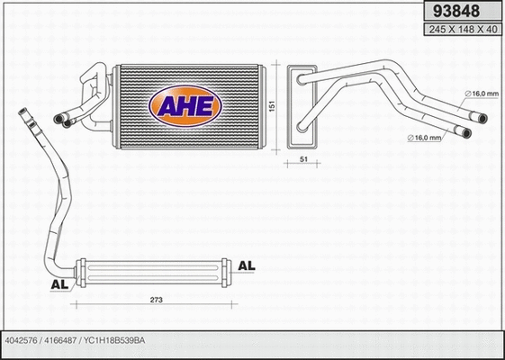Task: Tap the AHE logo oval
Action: [185, 106]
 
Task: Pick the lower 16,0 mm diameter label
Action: [428, 137]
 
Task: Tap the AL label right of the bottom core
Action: [247, 266]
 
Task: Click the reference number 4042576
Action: [20, 341]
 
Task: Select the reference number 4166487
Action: [59, 341]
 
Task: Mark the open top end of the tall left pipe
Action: [22, 112]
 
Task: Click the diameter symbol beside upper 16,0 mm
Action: [468, 94]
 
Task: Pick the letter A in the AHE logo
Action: [168, 106]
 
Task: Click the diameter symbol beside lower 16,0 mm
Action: [411, 137]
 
